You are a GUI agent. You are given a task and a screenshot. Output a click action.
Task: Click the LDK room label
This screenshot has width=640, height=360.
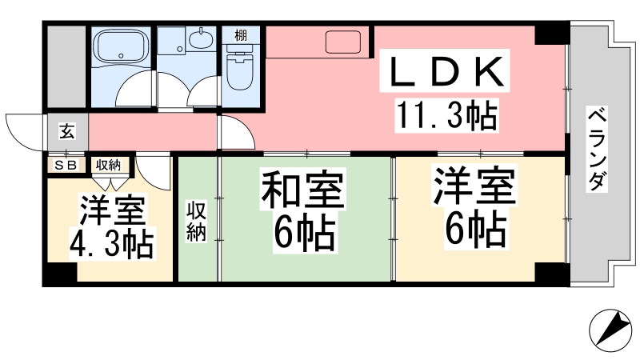coord(446,71)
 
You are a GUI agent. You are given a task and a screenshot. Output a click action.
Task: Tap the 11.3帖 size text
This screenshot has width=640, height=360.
coord(447,114)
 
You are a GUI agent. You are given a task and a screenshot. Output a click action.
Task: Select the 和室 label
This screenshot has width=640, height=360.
coord(302,189)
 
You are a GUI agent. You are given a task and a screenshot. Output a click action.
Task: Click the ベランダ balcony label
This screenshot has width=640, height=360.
coord(597,149)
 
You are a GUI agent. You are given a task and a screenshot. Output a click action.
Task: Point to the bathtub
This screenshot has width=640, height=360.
coord(120,45)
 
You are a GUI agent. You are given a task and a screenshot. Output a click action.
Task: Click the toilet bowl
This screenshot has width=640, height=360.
coord(240,67)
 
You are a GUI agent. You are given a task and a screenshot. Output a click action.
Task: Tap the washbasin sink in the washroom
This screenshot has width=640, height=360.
coord(202,39)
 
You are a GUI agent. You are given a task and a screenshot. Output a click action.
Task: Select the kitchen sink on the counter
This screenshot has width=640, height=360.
coord(343,42)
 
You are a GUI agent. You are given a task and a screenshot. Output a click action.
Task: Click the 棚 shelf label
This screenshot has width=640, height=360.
coord(241,35)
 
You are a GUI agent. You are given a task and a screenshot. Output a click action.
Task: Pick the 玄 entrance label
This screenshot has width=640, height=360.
coord(67,131)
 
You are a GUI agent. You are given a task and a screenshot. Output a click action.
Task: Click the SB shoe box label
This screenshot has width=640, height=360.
coord(66,166)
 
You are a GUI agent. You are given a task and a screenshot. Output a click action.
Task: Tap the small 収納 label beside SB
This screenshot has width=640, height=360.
coord(108,165)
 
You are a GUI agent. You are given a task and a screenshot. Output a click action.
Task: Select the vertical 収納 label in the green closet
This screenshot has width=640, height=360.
coord(197,221)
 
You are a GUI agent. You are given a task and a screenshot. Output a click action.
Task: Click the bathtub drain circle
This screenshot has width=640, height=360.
coord(120,55)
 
